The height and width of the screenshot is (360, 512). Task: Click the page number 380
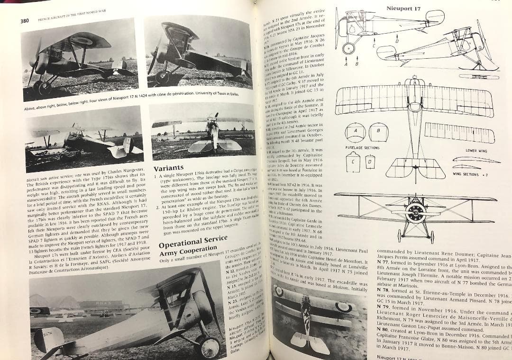[x=25, y=20]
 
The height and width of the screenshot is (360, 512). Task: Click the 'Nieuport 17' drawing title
[x=403, y=8]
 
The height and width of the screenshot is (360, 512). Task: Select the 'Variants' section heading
[x=169, y=168]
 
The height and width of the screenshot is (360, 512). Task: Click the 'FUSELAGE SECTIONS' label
[x=362, y=147]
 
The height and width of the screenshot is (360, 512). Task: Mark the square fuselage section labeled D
[x=370, y=163]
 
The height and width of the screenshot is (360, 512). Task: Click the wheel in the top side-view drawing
[x=349, y=48]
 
